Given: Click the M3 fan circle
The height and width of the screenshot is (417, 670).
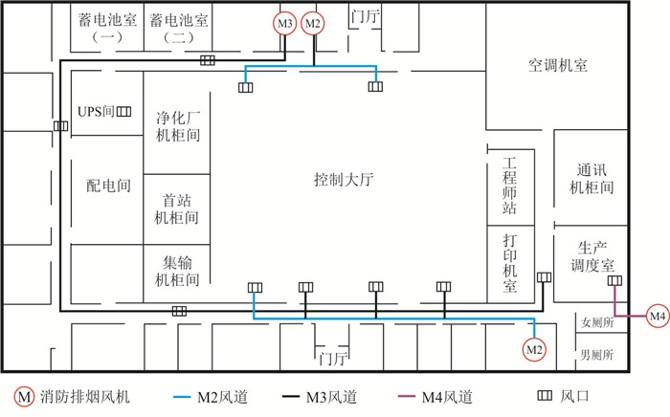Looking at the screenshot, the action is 285,23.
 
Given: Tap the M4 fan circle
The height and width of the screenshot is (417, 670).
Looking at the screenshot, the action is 658,316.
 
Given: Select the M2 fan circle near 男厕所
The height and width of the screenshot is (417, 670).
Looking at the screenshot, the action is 534,349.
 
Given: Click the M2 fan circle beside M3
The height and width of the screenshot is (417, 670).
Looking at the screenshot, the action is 313,23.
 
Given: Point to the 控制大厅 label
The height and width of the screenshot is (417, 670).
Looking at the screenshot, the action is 344,179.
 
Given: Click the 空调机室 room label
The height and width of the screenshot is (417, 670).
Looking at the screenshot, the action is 558,65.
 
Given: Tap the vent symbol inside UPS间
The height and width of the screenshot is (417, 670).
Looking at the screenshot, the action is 123,111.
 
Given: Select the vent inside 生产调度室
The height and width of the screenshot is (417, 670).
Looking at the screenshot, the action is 614,280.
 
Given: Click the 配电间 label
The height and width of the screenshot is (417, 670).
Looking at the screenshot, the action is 108,186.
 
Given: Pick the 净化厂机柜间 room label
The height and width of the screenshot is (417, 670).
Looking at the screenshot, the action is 178,126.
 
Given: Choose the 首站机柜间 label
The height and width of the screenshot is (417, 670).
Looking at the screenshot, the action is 176,209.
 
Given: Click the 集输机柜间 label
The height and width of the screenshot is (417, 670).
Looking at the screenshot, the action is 177,271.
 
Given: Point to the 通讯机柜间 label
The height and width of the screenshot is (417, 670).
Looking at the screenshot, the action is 592,179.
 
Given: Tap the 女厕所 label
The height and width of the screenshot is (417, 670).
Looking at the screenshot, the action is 597,322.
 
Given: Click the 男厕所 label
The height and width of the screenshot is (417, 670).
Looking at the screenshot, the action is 597,354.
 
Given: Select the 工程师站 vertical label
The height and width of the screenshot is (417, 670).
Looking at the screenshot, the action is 509,186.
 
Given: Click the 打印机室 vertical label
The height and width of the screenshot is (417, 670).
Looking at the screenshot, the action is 510,263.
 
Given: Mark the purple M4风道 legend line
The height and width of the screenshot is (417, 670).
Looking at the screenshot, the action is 407,397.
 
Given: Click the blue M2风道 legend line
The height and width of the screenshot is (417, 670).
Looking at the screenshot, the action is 182,397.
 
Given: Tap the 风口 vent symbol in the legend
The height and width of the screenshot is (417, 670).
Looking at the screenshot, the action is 545,396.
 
